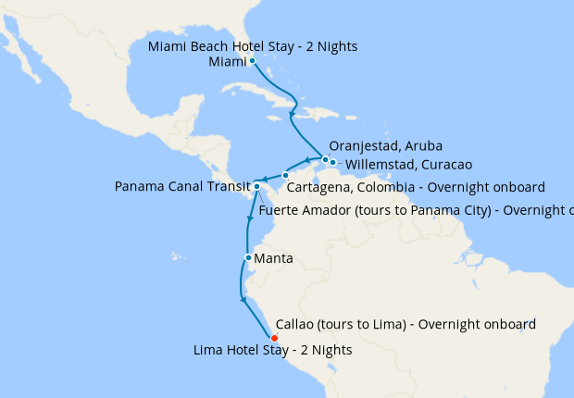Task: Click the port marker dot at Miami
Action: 252,61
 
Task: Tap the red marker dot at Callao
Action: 274,337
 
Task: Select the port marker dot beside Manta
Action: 248,257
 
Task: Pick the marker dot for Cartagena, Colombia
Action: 286,175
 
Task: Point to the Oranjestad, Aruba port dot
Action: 324,159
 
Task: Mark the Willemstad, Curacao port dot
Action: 332,163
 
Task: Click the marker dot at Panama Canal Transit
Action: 256,187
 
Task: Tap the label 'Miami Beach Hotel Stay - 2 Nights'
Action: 253,46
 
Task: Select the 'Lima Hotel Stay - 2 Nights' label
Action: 273,351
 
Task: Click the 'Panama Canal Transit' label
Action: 182,187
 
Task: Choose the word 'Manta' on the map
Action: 273,259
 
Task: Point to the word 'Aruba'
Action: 422,146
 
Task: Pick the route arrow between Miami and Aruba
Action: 293,116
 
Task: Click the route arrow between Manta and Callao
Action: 243,298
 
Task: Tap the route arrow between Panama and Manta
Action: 249,219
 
